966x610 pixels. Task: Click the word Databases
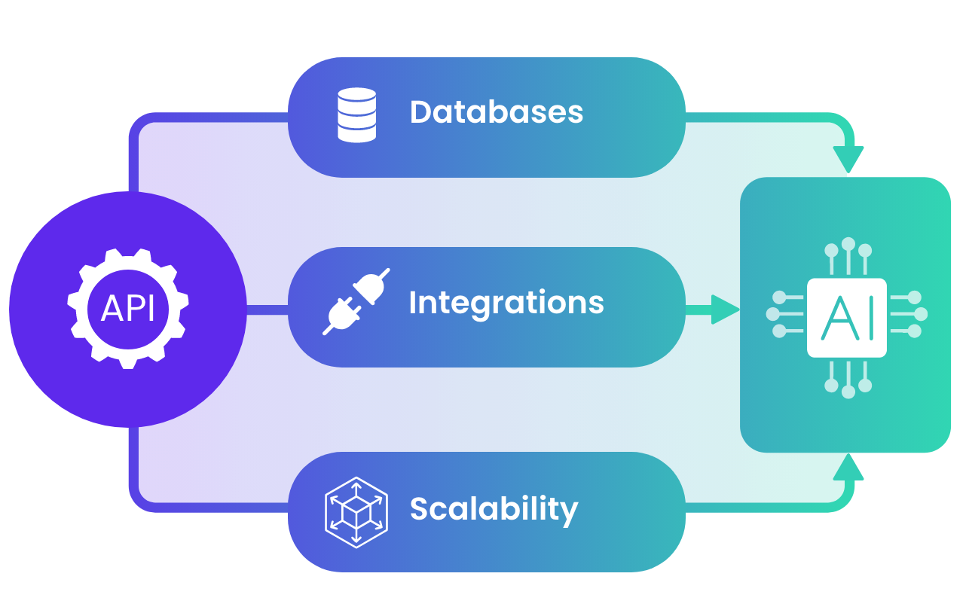496,112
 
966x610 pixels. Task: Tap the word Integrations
506,303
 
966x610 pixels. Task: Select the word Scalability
494,509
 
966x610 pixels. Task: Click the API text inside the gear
128,309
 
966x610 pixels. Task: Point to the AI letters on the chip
848,318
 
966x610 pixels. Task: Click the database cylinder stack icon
356,115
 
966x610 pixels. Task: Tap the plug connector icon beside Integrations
356,301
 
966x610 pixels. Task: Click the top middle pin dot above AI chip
848,243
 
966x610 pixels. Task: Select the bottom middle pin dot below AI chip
848,392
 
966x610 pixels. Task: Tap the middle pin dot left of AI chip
772,314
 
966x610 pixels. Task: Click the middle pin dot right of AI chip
920,314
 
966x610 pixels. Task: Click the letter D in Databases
420,112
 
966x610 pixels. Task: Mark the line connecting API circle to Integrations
267,309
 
